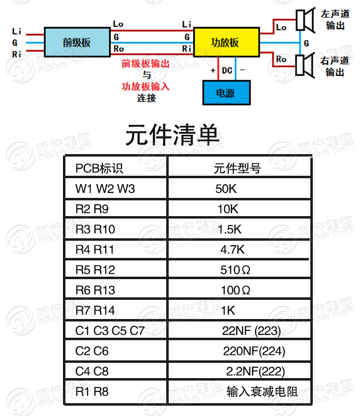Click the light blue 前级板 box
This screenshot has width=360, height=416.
(77, 42)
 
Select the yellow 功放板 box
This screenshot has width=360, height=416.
(225, 42)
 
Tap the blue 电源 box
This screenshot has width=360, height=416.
(226, 93)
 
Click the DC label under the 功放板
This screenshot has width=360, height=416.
(227, 71)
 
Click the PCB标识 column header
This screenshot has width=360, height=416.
(99, 168)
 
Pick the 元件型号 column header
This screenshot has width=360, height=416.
(237, 168)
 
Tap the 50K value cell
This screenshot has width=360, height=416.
(226, 189)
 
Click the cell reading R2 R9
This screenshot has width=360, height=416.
(92, 209)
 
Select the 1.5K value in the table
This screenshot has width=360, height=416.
(230, 229)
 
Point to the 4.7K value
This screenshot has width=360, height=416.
(232, 250)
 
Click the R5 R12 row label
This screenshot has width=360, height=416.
(95, 270)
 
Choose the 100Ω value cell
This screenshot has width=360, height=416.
(236, 290)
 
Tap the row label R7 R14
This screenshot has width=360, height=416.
(95, 311)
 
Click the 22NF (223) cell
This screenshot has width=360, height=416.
(251, 331)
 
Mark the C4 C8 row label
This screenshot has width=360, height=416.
(92, 371)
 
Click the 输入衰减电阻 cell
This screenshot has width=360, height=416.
(262, 392)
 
